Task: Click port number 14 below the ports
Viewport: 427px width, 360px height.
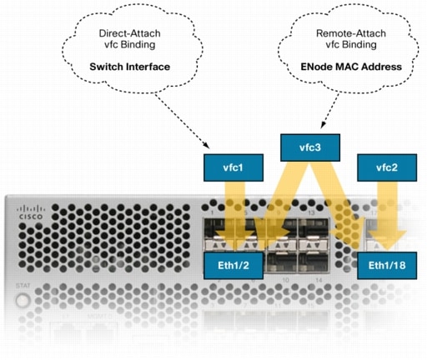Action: [x=310, y=283]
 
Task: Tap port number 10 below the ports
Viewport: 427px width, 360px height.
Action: [x=285, y=283]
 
